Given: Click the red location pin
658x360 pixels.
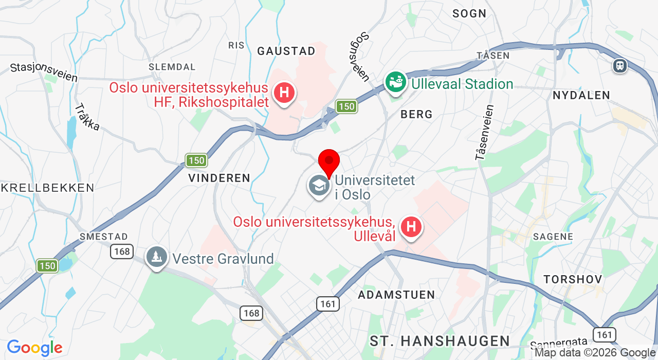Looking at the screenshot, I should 329,161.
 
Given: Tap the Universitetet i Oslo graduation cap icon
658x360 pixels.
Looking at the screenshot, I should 319,186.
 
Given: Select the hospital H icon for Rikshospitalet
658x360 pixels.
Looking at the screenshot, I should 284,94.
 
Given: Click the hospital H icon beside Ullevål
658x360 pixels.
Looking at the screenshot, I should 411,227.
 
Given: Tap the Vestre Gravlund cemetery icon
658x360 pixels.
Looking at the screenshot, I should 156,257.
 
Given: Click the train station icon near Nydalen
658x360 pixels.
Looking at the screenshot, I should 620,65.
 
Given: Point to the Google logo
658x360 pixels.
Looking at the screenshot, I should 34,348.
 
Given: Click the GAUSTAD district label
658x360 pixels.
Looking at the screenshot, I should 286,51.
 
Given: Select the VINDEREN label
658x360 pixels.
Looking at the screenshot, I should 219,178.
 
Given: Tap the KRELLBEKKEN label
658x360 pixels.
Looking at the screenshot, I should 47,188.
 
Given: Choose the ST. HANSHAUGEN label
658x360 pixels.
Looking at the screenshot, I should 440,340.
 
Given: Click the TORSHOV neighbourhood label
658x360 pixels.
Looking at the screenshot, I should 573,279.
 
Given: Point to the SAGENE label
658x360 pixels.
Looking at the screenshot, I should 553,237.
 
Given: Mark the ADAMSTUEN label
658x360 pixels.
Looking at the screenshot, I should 396,295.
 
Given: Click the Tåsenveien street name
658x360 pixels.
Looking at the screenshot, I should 485,133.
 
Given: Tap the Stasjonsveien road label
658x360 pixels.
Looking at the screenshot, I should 44,73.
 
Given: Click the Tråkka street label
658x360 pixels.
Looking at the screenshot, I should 87,117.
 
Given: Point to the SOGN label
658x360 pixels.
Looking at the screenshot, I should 469,14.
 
